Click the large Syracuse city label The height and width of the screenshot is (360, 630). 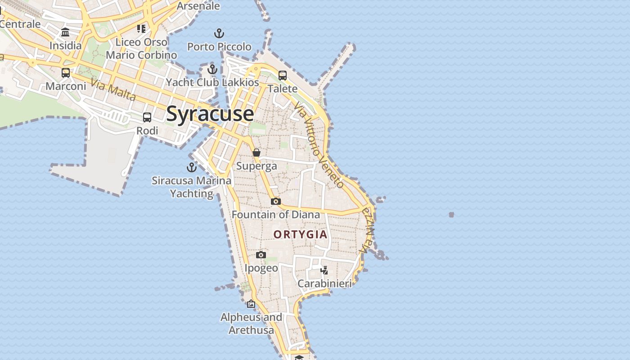(x=210, y=113)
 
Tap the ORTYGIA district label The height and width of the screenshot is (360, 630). (x=300, y=234)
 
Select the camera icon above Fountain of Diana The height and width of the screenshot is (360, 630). (x=276, y=201)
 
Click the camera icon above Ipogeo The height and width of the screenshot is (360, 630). (x=261, y=255)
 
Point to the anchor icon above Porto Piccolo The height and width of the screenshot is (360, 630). (x=219, y=33)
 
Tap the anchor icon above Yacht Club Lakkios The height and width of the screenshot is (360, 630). (x=212, y=69)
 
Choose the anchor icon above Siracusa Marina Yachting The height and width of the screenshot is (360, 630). (x=192, y=167)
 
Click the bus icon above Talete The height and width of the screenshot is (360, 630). (x=283, y=75)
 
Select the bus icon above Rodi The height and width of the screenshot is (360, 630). (x=147, y=117)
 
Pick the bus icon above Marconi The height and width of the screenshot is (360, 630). (x=66, y=72)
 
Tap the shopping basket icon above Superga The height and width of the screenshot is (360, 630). (x=256, y=153)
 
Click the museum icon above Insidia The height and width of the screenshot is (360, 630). (x=65, y=32)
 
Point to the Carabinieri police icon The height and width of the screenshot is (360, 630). (x=324, y=270)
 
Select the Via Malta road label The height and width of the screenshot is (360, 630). (x=113, y=90)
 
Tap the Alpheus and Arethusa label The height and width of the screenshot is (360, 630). (x=251, y=324)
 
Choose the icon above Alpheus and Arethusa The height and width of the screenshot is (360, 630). (x=251, y=304)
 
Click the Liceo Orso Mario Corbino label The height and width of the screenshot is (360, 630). (x=141, y=49)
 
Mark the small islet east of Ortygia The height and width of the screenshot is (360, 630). (x=451, y=215)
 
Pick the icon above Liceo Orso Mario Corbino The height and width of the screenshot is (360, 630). (x=141, y=29)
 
